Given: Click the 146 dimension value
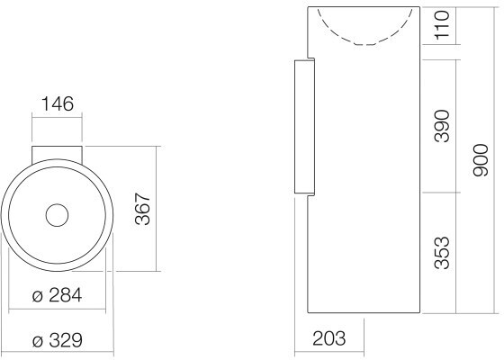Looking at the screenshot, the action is click(x=58, y=103).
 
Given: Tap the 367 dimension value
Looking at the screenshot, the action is click(x=143, y=209).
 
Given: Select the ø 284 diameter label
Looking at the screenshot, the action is click(x=58, y=295).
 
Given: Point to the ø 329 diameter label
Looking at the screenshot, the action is click(x=58, y=340).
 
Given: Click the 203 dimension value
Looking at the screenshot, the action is click(x=329, y=338).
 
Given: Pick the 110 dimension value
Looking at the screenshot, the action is click(x=442, y=25).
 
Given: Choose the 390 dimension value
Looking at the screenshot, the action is click(x=442, y=126).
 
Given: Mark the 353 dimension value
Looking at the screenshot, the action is click(x=442, y=252).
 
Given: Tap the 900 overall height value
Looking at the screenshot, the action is click(x=481, y=160).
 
